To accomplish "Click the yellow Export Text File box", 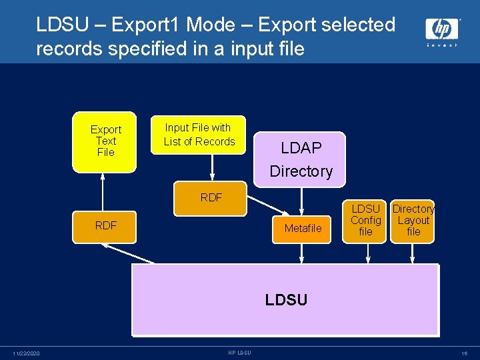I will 105,141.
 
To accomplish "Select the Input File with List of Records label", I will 199,135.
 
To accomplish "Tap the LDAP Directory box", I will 301,159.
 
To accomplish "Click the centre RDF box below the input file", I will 211,197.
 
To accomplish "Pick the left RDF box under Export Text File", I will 106,225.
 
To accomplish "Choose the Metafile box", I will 303,228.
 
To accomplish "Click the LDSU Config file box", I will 365,221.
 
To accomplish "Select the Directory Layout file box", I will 413,221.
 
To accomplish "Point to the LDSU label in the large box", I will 286,300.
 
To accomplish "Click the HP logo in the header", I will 442,31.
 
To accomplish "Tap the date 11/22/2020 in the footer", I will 26,353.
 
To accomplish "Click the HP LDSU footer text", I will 239,353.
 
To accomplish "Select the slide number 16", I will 464,353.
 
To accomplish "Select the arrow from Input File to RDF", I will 212,165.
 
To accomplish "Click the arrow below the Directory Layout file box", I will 413,253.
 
